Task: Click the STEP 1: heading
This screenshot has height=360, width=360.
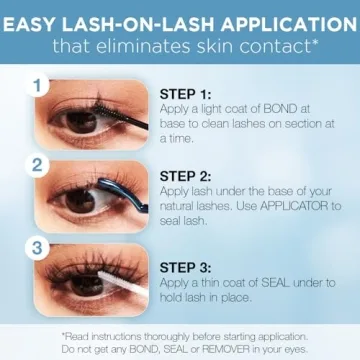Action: coord(188,94)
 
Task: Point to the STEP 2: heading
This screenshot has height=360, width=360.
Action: coord(188,172)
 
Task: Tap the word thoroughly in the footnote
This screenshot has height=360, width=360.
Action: coord(158,335)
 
